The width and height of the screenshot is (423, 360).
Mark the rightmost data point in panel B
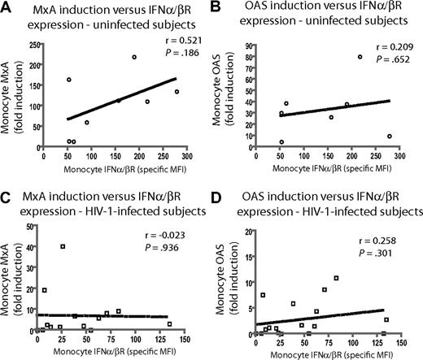390,137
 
